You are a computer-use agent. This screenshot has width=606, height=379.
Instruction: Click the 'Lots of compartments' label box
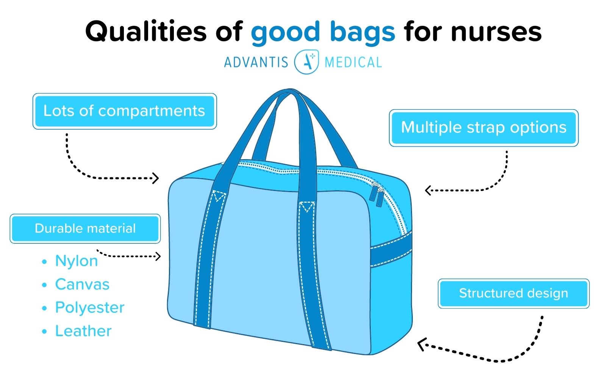[x=125, y=111]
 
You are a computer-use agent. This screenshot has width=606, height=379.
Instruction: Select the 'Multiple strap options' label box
[x=484, y=128]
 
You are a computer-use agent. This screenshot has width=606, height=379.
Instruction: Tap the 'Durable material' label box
[x=85, y=229]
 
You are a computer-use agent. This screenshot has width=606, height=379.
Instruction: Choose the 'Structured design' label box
[x=514, y=293]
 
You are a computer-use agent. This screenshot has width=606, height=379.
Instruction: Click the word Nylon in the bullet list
[x=77, y=261]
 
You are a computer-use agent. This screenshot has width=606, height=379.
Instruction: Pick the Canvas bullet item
[x=82, y=284]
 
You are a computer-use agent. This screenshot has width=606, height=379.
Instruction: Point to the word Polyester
[x=90, y=308]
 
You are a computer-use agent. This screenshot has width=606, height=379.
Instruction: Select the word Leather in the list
[x=83, y=331]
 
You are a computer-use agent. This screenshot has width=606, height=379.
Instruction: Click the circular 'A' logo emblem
[x=306, y=62]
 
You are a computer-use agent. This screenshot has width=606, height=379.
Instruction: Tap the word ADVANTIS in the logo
[x=256, y=62]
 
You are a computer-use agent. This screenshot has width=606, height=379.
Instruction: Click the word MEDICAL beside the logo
[x=353, y=62]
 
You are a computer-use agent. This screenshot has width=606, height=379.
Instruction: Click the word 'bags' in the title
[x=362, y=33]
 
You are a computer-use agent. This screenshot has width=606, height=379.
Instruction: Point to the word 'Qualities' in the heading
[x=146, y=31]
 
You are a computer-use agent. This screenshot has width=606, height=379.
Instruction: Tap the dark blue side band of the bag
[x=391, y=249]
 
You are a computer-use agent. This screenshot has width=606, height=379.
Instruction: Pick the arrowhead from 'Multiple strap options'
[x=428, y=190]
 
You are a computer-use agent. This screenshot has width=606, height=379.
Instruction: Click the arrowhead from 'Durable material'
[x=158, y=256]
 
